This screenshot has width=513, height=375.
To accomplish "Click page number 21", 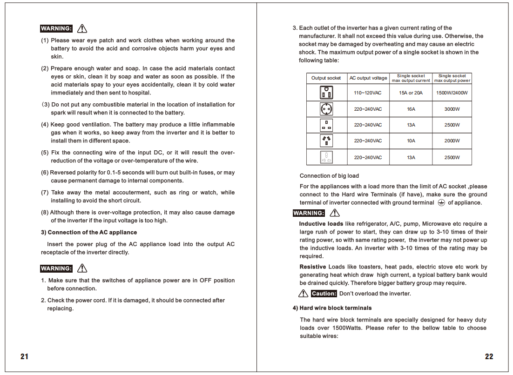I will click(24, 357).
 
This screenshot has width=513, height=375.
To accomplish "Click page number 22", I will click(489, 357).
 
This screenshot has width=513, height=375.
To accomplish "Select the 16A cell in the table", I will click(411, 109).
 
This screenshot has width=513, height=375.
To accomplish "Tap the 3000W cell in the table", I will click(452, 109).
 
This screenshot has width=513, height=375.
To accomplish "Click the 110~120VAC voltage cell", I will click(367, 93).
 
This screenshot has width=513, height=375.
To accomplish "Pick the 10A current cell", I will click(411, 141).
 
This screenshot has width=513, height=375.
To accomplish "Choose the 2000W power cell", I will click(452, 141).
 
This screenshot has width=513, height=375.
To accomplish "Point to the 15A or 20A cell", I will click(411, 93).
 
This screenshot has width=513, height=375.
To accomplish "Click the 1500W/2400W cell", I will click(452, 93).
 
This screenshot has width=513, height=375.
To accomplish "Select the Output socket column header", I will click(326, 78).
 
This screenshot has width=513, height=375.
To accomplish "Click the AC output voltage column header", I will click(368, 78).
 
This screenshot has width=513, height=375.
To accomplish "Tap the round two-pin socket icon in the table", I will click(326, 109).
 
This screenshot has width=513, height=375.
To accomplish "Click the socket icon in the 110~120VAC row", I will click(326, 93).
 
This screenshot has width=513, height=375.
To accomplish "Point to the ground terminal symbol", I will click(441, 203).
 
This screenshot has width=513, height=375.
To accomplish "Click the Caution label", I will click(324, 294).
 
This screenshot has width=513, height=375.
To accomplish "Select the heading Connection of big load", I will click(329, 176).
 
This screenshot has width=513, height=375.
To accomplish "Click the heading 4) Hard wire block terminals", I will click(332, 308).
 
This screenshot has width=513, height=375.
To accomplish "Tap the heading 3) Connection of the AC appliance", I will click(89, 232).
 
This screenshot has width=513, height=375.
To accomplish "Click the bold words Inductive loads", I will click(321, 224).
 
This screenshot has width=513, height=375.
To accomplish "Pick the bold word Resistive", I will click(313, 267).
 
